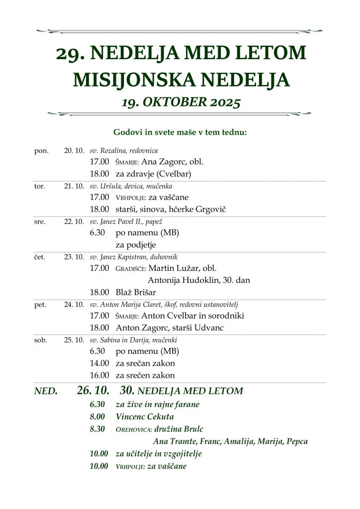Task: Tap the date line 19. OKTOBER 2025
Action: point(181,102)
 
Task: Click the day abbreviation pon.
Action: point(41,151)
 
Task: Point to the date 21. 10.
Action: point(74,186)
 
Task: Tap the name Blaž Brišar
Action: point(136,292)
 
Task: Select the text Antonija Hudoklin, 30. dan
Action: point(199,280)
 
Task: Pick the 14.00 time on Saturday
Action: point(99,363)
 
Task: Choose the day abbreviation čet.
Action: point(40,257)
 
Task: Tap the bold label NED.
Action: point(46,391)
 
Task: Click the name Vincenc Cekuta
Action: point(145,417)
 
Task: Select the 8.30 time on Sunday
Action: point(97,429)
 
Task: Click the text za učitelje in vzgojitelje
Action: point(159,453)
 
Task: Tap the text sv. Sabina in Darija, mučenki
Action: point(133,340)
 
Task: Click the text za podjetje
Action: point(136,245)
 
